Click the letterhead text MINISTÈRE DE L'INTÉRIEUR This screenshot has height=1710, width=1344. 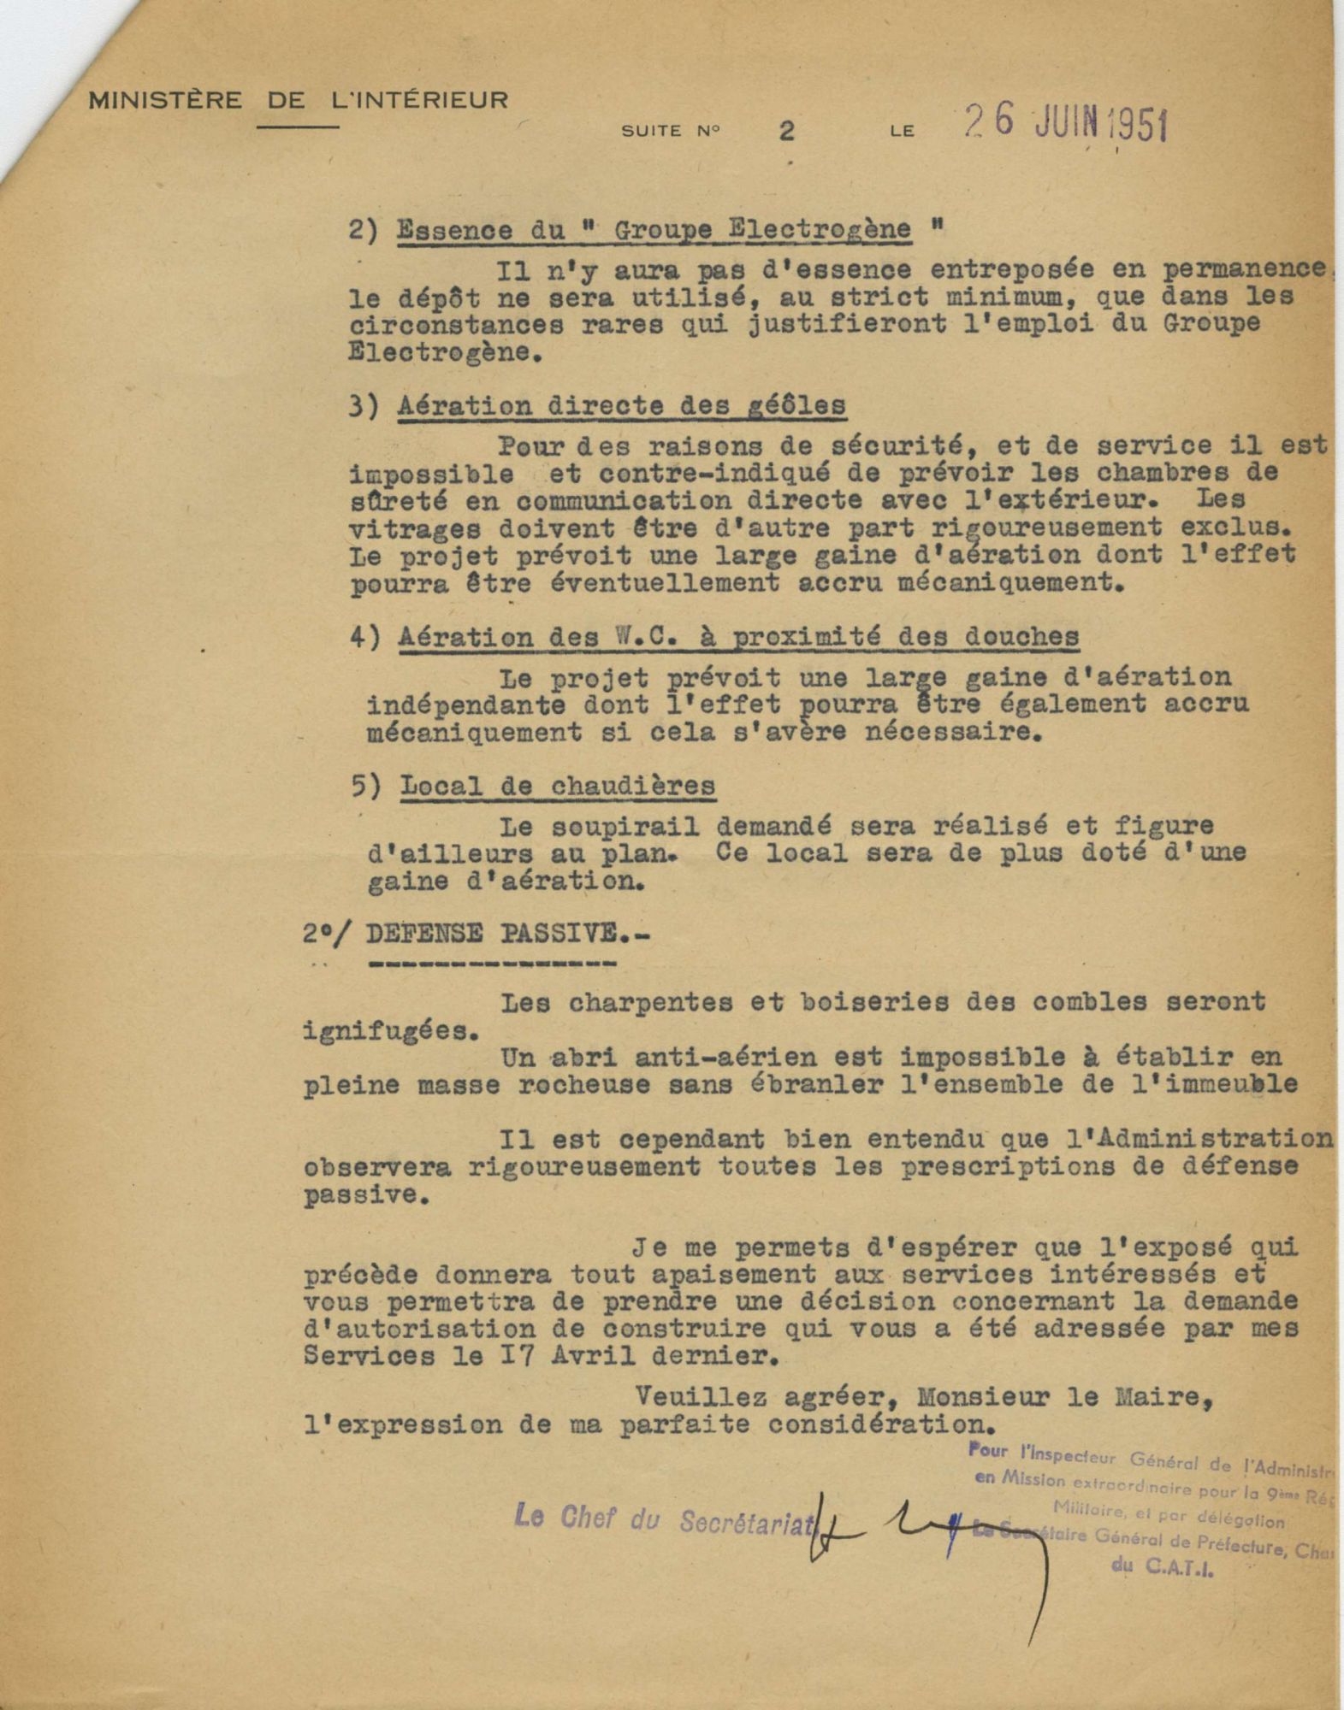[x=299, y=101]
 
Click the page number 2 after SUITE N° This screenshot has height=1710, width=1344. [x=786, y=131]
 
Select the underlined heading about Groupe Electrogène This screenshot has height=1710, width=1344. [x=654, y=231]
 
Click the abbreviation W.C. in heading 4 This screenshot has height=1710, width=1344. [x=579, y=637]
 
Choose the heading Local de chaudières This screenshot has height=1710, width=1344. [x=557, y=785]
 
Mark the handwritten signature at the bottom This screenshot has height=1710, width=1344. [x=941, y=1530]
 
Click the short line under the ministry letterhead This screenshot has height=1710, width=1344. [x=298, y=127]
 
